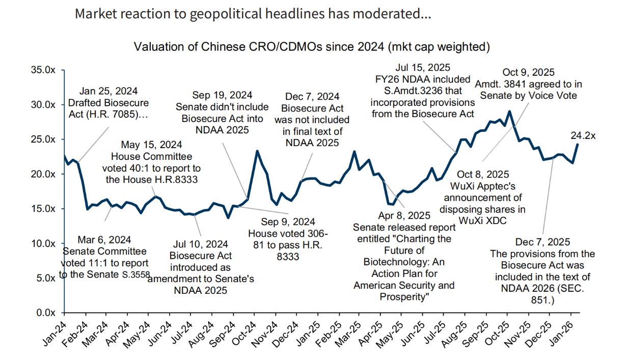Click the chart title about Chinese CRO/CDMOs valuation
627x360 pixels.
[x=312, y=47]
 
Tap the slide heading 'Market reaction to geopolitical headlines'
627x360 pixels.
[x=253, y=14]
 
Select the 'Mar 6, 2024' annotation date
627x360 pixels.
[x=105, y=239]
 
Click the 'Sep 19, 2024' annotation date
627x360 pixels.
[x=223, y=95]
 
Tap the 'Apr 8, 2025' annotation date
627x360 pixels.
[x=404, y=215]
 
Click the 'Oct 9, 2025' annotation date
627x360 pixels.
[x=528, y=72]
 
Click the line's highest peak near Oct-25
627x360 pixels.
[x=509, y=111]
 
